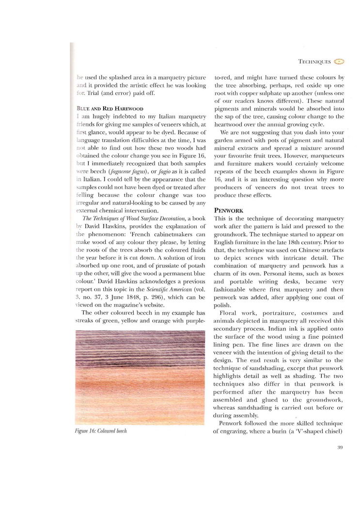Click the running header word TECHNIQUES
(315, 62)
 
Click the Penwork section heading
(228, 211)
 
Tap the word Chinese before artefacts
(307, 250)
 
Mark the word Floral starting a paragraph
(231, 313)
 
